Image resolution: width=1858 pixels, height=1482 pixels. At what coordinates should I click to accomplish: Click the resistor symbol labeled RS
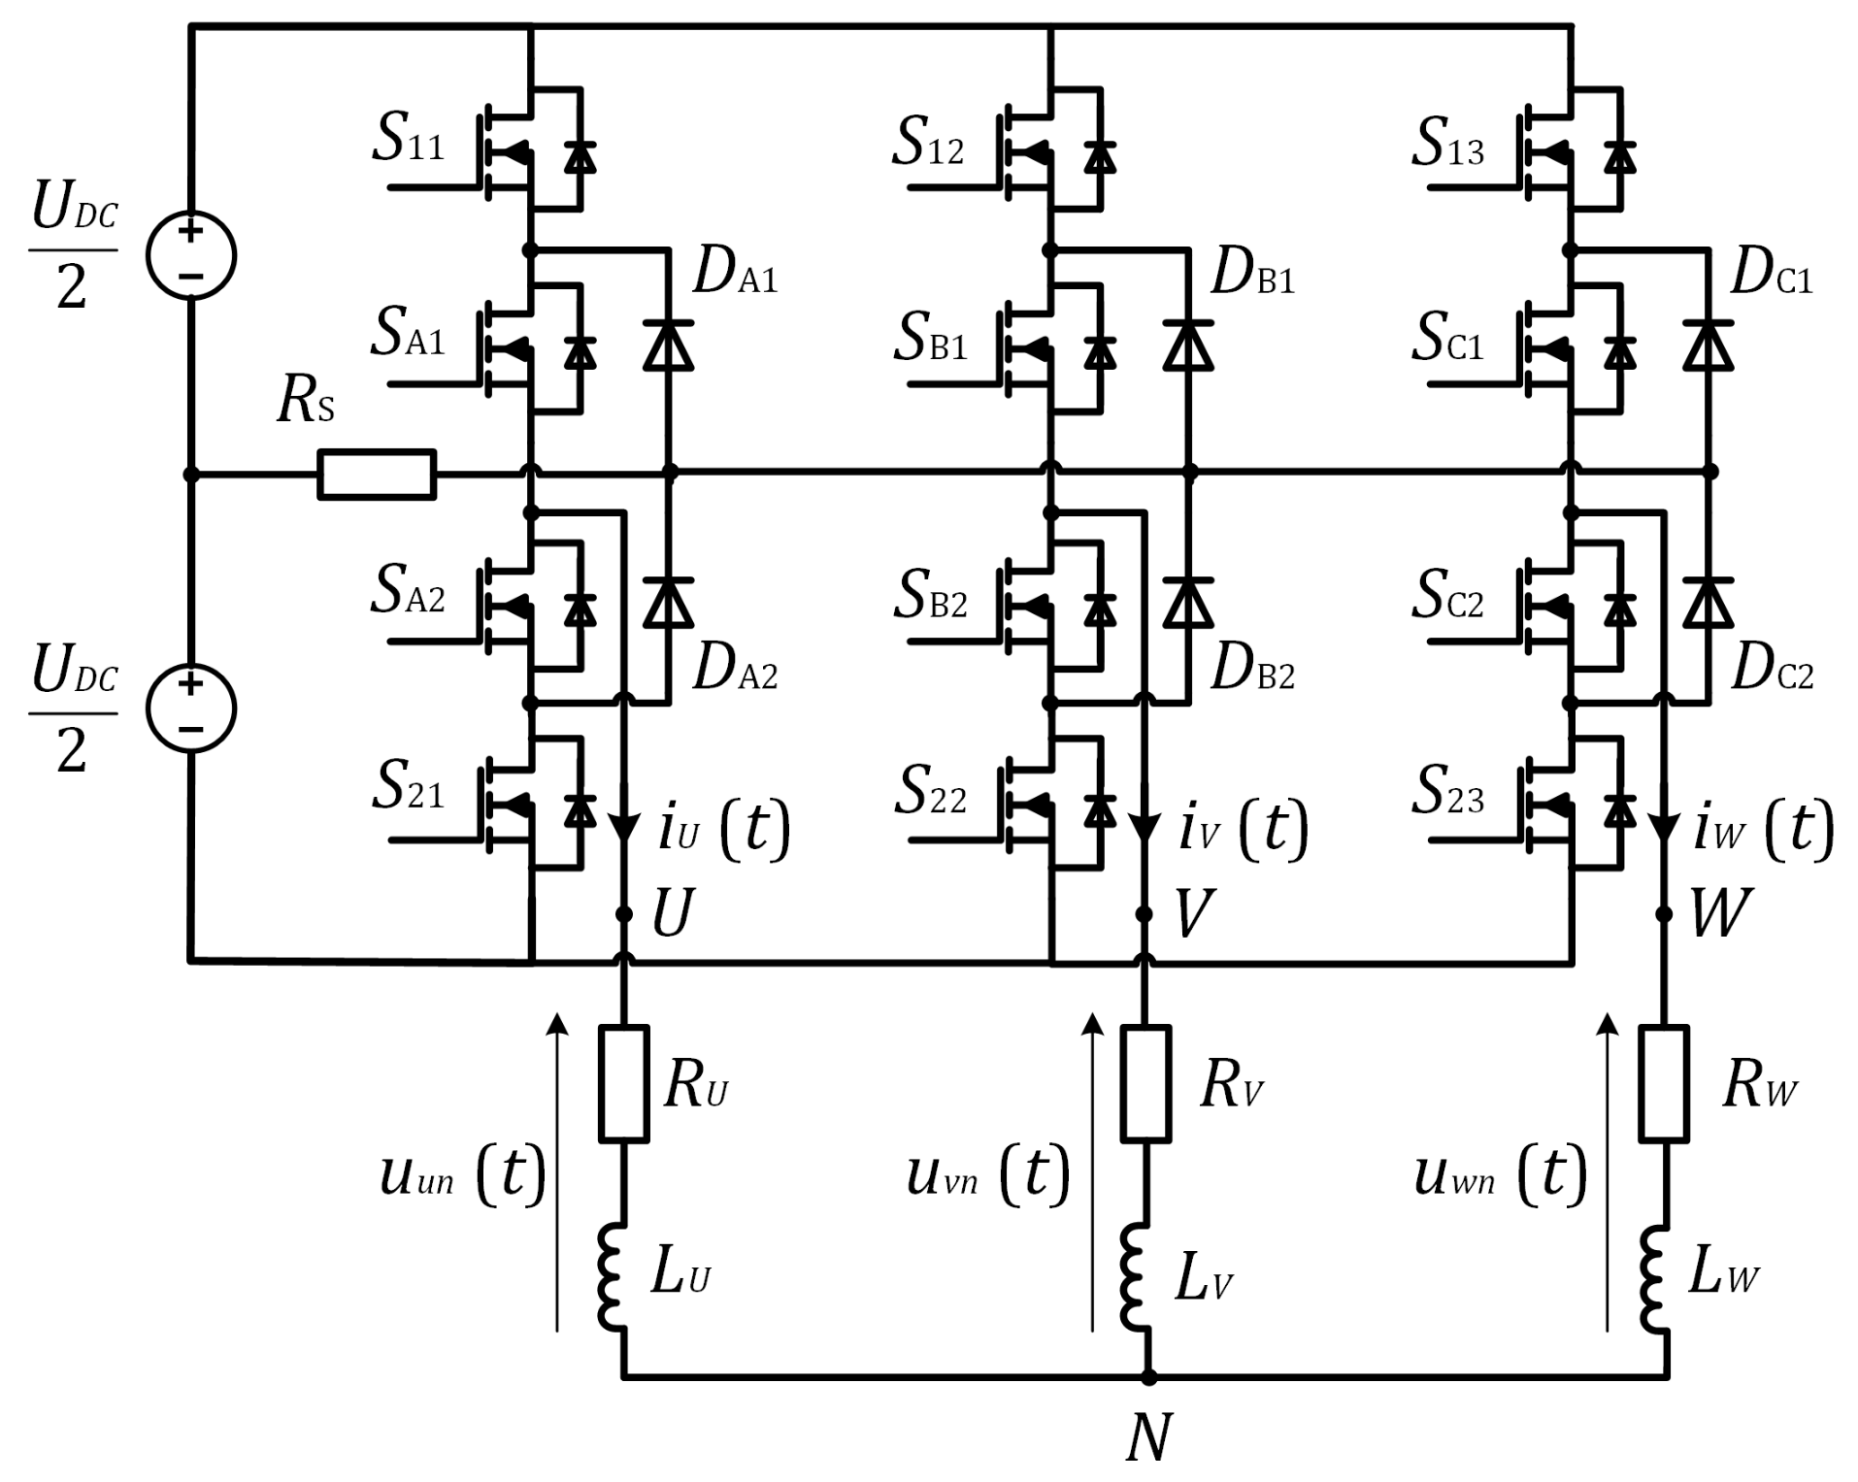click(377, 475)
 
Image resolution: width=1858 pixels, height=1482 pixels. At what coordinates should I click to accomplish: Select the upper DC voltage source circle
click(191, 255)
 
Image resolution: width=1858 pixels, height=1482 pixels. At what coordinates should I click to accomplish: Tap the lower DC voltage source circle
click(191, 708)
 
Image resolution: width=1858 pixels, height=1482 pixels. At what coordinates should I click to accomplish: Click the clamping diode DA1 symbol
click(668, 346)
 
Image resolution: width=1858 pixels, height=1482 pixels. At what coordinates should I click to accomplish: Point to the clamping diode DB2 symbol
click(1188, 603)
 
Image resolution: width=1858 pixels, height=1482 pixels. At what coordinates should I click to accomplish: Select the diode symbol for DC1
click(1709, 346)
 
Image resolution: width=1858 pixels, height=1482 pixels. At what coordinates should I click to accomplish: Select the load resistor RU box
click(623, 1082)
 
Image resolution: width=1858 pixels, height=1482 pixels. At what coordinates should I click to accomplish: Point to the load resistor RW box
click(1664, 1082)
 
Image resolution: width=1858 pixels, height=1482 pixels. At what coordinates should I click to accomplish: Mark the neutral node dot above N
click(1148, 1376)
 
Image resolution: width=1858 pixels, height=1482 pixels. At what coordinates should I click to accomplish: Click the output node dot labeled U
click(624, 914)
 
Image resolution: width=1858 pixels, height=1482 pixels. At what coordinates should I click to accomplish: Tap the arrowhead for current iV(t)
click(1145, 829)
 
